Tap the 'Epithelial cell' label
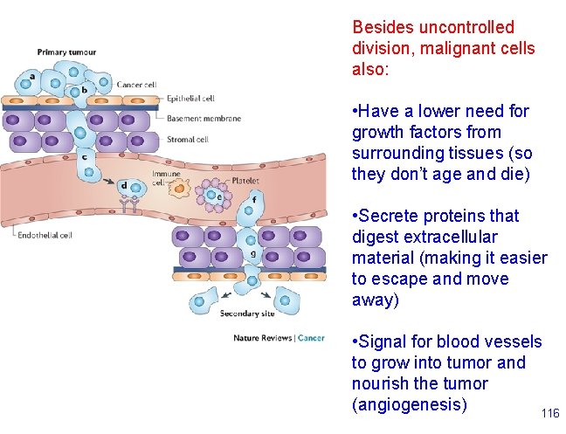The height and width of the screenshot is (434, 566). click(190, 99)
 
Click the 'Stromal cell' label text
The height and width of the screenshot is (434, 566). click(187, 139)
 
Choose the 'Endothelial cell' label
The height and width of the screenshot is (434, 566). click(42, 234)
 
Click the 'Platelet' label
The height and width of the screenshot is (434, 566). click(246, 181)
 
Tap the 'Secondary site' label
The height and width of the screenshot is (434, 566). click(247, 313)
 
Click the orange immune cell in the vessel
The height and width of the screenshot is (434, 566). click(179, 189)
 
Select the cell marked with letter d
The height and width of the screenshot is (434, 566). click(130, 186)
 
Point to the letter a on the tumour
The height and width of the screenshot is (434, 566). click(32, 76)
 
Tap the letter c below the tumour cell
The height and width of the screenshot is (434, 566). click(85, 157)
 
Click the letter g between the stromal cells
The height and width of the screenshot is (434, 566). click(253, 255)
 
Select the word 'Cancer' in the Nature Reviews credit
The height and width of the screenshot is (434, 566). click(312, 338)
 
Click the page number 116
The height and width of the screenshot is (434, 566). click(549, 413)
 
